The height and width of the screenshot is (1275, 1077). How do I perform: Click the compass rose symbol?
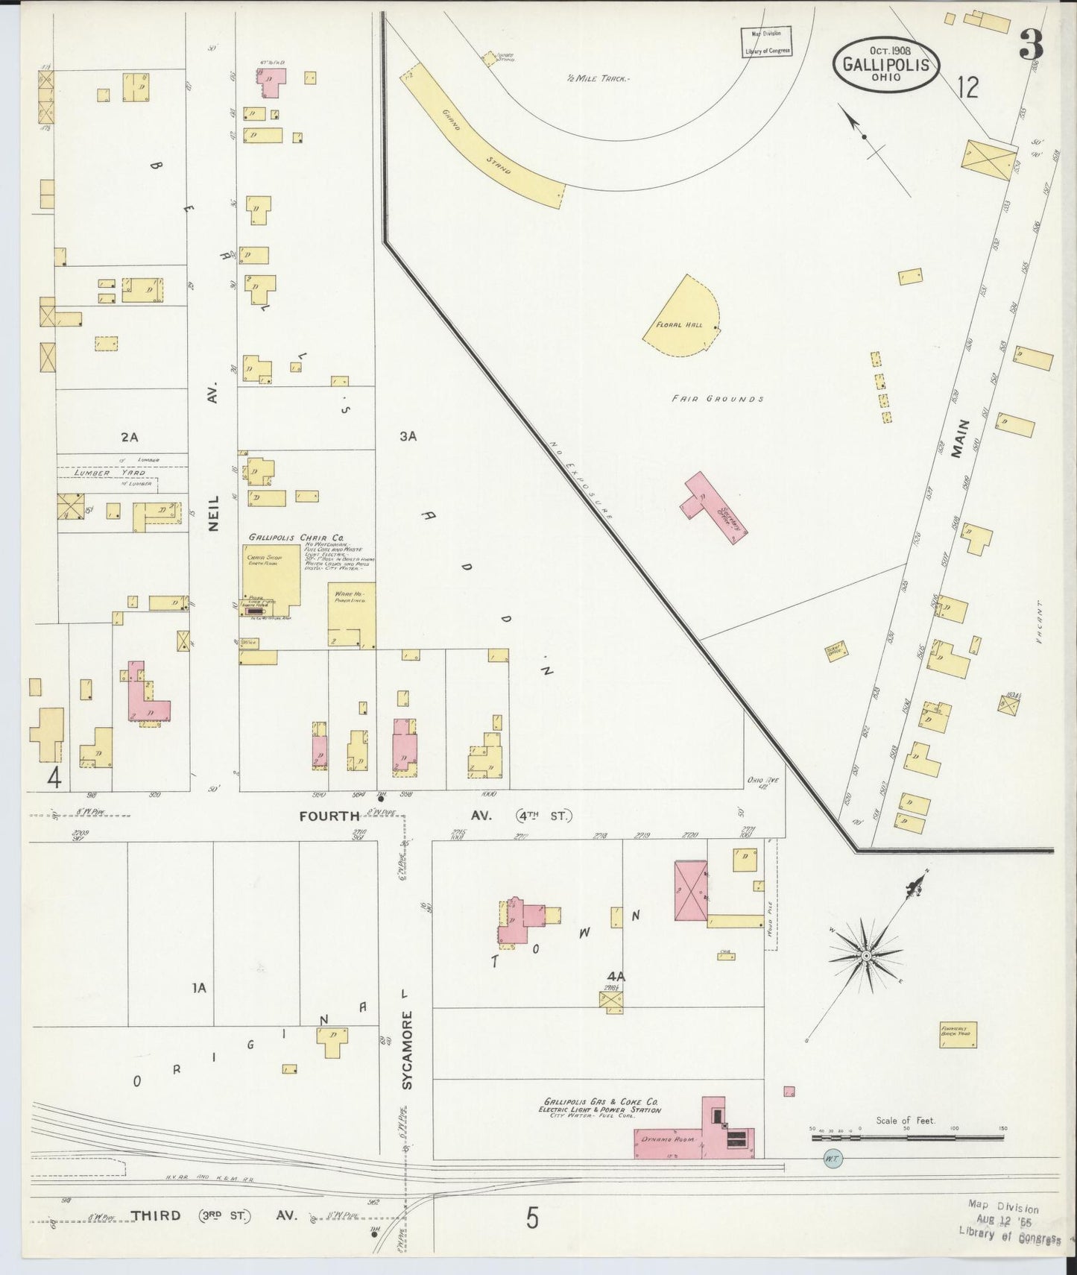(866, 955)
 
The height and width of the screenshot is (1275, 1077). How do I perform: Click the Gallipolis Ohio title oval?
(885, 66)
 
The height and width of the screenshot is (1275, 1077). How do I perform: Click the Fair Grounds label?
(717, 399)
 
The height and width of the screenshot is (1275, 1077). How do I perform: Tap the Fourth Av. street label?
(329, 816)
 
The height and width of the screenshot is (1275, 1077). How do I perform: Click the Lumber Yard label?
(103, 473)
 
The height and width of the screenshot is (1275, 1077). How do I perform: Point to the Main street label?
(962, 437)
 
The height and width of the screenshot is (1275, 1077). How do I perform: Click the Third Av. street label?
(156, 1215)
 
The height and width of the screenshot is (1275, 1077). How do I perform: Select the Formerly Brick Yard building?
(958, 1035)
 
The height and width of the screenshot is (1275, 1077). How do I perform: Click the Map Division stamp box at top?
(766, 42)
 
